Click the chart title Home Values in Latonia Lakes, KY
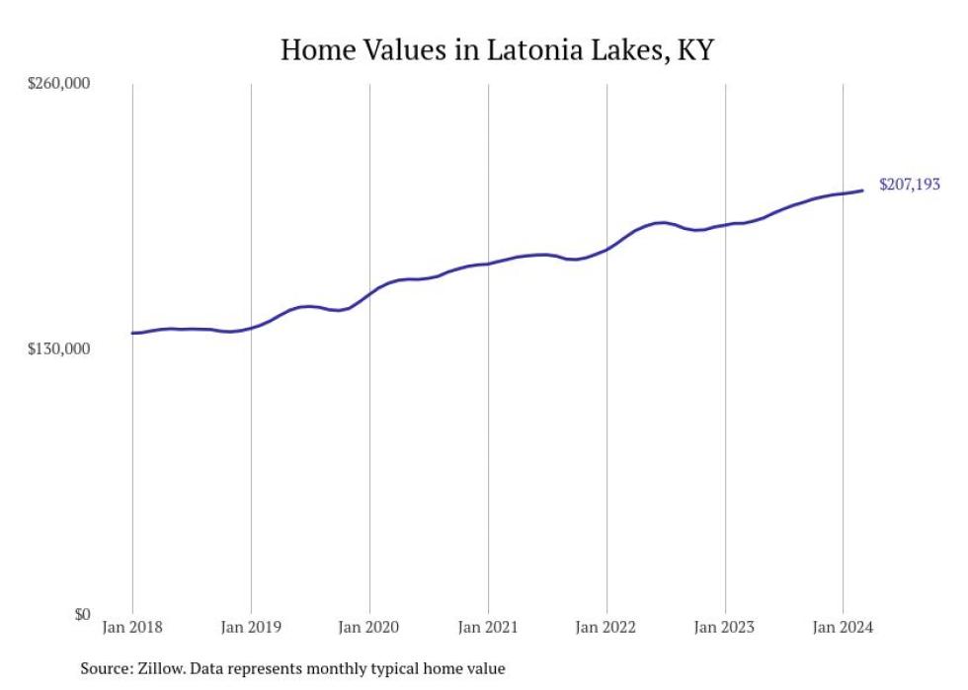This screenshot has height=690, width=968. tap(496, 49)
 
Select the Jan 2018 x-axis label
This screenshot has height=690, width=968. tap(132, 627)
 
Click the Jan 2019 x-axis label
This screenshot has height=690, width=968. tap(251, 627)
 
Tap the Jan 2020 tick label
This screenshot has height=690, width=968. tap(369, 627)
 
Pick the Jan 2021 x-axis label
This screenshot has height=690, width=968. tap(488, 627)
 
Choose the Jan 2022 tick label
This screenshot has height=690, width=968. tap(606, 627)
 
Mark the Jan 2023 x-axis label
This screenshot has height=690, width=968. tap(725, 627)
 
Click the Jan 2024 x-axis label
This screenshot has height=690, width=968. tap(843, 627)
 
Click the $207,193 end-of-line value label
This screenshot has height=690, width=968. tap(909, 185)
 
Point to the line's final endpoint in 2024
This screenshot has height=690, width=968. tap(863, 191)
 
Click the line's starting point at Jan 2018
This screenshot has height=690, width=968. tap(132, 333)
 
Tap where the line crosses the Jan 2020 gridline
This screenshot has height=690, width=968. tap(369, 293)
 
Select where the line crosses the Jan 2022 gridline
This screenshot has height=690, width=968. tap(606, 250)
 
